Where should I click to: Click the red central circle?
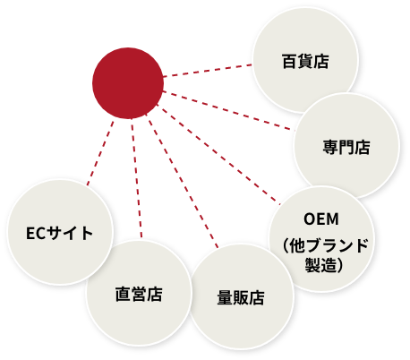128,83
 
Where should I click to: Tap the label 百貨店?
305,62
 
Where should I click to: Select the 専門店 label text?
346,147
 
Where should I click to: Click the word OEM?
321,219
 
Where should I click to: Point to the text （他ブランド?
324,245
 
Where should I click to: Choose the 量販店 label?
241,297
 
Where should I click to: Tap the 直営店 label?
139,294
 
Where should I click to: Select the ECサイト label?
59,233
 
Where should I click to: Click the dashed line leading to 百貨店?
208,71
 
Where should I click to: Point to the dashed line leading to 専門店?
228,111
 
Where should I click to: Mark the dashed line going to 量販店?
183,182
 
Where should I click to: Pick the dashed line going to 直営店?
136,178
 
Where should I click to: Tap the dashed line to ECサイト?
100,153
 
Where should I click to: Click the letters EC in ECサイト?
36,234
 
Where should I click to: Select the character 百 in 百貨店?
289,62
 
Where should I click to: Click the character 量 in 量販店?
225,297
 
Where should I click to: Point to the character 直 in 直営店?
123,294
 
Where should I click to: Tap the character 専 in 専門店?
330,147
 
